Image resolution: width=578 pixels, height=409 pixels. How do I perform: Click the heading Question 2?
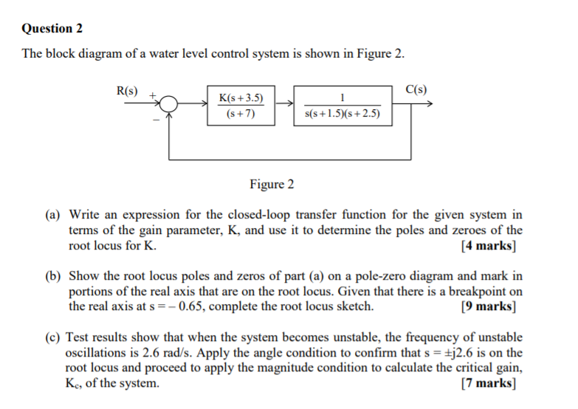[52, 29]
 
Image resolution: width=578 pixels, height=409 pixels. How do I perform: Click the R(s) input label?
[128, 91]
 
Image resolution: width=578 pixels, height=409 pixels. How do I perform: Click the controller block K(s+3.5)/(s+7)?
[242, 106]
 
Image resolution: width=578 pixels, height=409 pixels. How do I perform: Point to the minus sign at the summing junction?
[156, 120]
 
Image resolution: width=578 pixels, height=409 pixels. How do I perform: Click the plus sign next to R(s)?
[154, 95]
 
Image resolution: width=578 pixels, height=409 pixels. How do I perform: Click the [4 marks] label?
[488, 247]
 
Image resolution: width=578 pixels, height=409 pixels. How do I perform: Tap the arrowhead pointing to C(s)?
[427, 106]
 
